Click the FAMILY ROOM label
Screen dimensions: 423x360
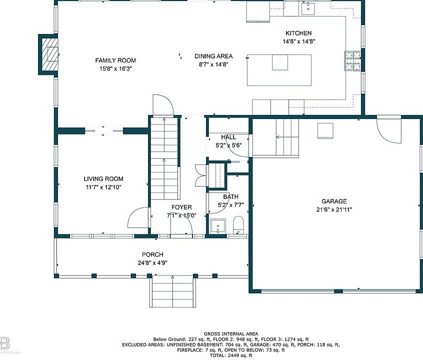pos(115,60)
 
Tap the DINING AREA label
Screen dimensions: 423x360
pos(213,56)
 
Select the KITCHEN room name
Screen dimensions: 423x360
pos(298,33)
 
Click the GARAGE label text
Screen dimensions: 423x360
pos(334,201)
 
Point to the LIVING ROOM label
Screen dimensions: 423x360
pos(103,178)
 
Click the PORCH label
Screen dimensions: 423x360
pos(152,254)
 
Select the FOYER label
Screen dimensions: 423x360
pos(181,207)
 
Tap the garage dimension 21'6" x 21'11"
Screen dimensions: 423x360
pos(334,209)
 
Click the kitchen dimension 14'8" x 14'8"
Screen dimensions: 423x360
pos(299,41)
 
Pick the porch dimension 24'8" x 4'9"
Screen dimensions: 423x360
pos(152,263)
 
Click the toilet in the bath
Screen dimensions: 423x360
pos(238,225)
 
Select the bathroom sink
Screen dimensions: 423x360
pos(218,226)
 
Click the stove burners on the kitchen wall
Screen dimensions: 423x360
pos(352,60)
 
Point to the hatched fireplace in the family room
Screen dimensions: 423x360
pos(49,54)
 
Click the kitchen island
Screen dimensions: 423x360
pos(279,70)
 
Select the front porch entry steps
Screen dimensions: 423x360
pos(172,291)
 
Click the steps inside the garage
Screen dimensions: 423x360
pos(287,137)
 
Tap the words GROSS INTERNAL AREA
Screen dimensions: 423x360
pos(230,334)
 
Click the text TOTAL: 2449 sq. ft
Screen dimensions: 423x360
pos(230,355)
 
